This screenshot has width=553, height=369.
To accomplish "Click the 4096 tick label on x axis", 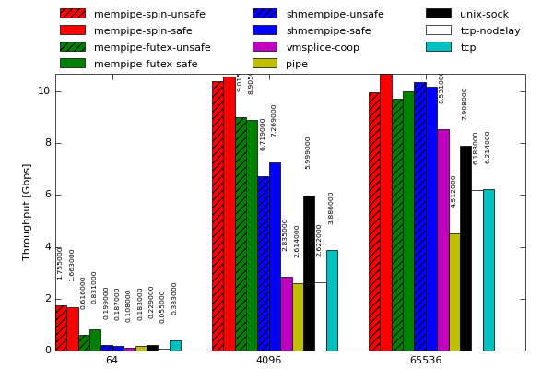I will pyautogui.click(x=268, y=360).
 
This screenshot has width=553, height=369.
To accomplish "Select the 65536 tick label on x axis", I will pyautogui.click(x=426, y=360).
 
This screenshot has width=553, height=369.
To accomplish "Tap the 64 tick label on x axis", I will pyautogui.click(x=112, y=360).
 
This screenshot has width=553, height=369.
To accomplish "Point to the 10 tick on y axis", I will pyautogui.click(x=43, y=90).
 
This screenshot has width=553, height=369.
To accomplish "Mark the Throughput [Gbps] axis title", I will pyautogui.click(x=27, y=212).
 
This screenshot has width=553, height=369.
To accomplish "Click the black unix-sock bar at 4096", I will pyautogui.click(x=309, y=273).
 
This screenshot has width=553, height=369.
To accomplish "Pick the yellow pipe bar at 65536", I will pyautogui.click(x=454, y=292).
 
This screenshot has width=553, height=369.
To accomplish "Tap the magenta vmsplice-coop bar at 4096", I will pyautogui.click(x=286, y=314).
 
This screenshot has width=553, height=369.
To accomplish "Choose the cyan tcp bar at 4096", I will pyautogui.click(x=332, y=300).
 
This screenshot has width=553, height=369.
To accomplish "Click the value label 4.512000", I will pyautogui.click(x=453, y=191).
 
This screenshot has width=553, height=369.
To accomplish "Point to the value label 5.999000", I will pyautogui.click(x=309, y=152).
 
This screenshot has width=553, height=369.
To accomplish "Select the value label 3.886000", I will pyautogui.click(x=332, y=208).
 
